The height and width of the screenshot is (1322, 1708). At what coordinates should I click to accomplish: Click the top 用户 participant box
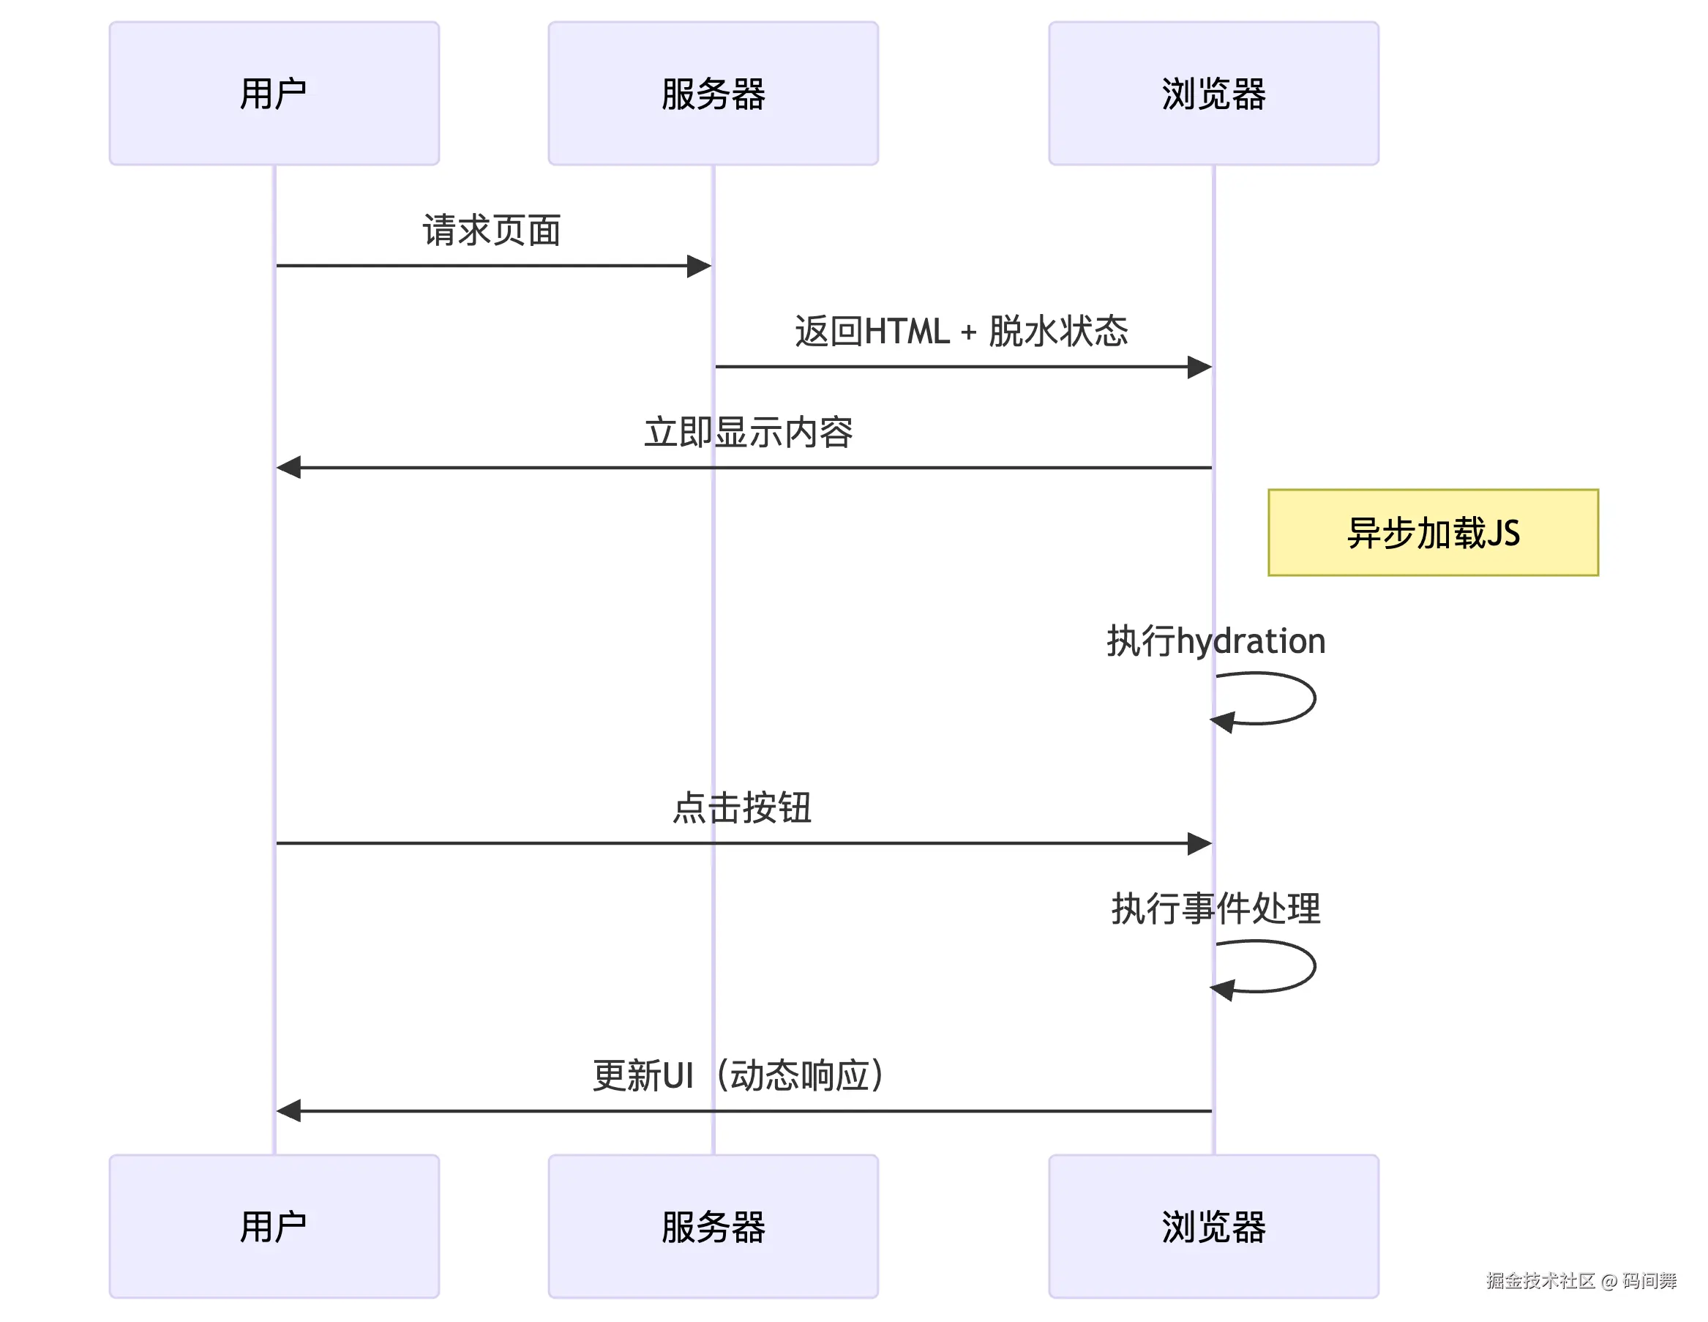[274, 93]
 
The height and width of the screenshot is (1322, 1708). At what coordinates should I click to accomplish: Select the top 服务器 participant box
[713, 93]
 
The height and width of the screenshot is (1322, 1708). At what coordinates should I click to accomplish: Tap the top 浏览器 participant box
[1213, 93]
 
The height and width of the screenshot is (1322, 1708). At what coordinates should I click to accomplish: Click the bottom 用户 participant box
[274, 1226]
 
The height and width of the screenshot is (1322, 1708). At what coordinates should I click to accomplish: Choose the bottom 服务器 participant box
[713, 1226]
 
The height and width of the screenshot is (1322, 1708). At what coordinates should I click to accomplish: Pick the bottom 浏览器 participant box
[1213, 1226]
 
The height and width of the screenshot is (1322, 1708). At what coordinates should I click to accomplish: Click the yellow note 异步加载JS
[1433, 533]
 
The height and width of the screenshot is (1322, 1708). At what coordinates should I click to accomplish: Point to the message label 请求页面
[492, 230]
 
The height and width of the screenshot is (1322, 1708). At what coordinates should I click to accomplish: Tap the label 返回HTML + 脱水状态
[961, 331]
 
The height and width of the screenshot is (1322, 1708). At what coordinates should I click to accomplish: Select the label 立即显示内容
[749, 432]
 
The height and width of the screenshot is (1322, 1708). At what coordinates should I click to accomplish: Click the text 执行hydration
[1216, 641]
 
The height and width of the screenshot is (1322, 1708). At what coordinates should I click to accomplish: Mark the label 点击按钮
[742, 807]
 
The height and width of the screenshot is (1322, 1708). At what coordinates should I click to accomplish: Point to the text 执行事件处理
[1216, 908]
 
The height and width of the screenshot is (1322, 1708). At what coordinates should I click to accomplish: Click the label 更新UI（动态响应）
[739, 1075]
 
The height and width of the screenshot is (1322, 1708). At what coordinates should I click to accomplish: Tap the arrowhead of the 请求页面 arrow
[698, 266]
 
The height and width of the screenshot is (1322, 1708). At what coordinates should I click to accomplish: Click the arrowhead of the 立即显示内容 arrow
[289, 468]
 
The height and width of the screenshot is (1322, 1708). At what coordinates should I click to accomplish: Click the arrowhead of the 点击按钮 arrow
[1199, 843]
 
